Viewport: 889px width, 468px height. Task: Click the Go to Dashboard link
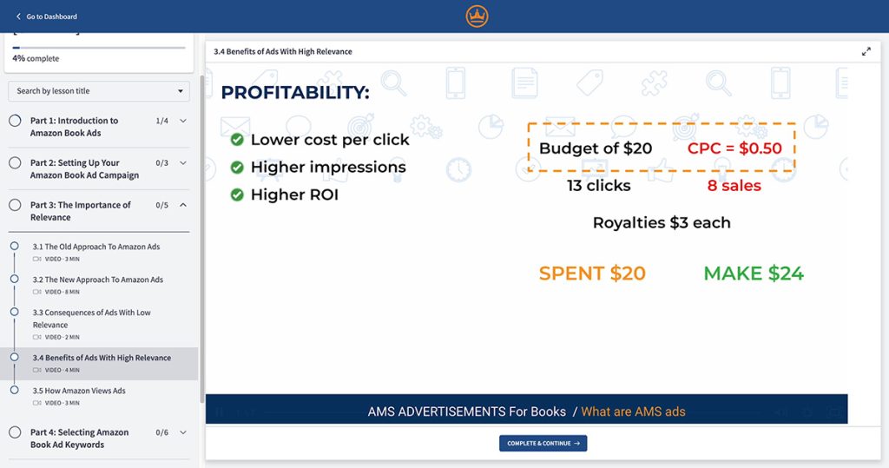47,16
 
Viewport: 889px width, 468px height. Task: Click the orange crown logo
477,16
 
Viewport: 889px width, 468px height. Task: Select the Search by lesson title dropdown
99,91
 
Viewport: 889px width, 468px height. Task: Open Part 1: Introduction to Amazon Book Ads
74,127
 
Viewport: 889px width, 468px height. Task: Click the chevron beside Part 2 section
183,163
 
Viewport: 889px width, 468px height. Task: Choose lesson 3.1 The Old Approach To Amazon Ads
95,247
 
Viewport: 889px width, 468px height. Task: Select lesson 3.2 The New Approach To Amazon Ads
97,280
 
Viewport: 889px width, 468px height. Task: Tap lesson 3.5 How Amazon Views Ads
79,391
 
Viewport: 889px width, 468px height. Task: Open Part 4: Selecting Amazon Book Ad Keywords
79,438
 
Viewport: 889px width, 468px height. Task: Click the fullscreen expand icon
866,51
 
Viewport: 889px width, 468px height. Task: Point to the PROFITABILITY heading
295,92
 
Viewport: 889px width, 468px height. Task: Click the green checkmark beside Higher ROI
237,194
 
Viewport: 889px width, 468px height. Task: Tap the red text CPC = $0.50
734,148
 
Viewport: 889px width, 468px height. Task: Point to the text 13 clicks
599,186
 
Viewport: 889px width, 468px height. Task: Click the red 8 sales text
734,186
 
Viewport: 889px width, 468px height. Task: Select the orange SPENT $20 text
592,274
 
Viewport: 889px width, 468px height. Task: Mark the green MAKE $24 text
754,274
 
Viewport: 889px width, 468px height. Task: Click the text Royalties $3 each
662,222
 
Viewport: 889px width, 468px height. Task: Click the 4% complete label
36,58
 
